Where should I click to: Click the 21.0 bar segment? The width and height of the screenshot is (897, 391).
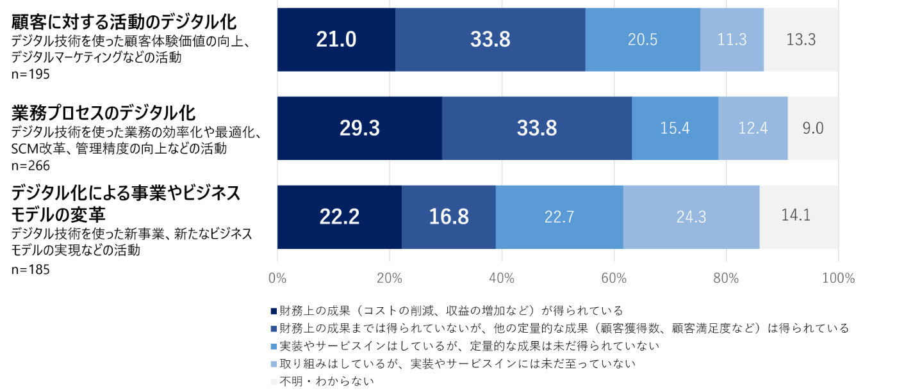(336, 40)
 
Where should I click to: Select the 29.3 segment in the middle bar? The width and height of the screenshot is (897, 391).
(359, 128)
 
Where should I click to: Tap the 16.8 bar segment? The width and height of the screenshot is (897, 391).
(448, 217)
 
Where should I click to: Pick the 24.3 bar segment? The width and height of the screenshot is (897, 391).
(691, 217)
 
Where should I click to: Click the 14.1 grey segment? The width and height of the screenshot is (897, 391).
(798, 217)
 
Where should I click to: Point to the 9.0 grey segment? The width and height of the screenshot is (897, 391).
(813, 128)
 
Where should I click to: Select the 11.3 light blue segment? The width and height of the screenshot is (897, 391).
(732, 40)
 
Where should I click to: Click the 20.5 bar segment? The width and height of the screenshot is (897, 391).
(643, 40)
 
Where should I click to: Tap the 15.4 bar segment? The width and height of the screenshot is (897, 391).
(675, 128)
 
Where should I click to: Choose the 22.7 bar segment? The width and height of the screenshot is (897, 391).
(559, 217)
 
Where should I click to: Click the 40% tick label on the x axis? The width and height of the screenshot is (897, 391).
(502, 278)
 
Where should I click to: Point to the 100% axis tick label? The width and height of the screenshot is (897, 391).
(838, 278)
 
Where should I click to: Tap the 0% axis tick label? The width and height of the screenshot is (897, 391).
(277, 278)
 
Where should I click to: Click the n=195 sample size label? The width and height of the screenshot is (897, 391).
(31, 74)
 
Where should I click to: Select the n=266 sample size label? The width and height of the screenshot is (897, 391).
(31, 166)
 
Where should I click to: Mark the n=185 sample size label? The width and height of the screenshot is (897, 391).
(31, 269)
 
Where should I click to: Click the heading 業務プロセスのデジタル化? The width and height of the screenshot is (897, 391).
(103, 114)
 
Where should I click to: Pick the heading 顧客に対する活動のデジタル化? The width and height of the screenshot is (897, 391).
(124, 22)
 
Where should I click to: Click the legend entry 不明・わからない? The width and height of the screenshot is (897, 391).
(327, 381)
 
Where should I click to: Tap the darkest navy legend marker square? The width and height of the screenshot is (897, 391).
(274, 311)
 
